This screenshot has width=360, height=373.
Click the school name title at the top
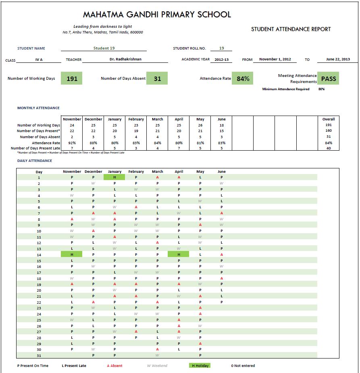[x=157, y=15]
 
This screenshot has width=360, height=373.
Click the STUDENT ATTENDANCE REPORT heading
[x=291, y=29]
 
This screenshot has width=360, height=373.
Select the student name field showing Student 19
[x=104, y=48]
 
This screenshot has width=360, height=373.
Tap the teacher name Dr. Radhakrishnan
[x=125, y=60]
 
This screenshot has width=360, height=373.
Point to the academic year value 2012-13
[x=221, y=60]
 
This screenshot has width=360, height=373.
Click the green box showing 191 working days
[x=72, y=79]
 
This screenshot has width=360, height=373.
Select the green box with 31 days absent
[x=157, y=79]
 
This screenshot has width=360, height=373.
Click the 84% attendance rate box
[x=243, y=79]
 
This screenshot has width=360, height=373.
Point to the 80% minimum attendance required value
[x=321, y=89]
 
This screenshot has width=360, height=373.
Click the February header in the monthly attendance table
[x=136, y=119]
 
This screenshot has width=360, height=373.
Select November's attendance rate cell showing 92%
[x=72, y=143]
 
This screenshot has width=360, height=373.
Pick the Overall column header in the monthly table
[x=329, y=119]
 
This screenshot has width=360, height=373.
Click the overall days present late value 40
[x=329, y=148]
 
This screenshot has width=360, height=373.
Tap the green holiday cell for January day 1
[x=114, y=177]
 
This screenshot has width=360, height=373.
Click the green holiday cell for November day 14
[x=72, y=254]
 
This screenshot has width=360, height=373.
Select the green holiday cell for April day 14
[x=179, y=254]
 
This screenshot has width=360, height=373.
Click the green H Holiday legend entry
[x=200, y=366]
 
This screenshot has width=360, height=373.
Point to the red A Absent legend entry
[x=114, y=366]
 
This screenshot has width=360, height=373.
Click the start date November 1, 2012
[x=275, y=60]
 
